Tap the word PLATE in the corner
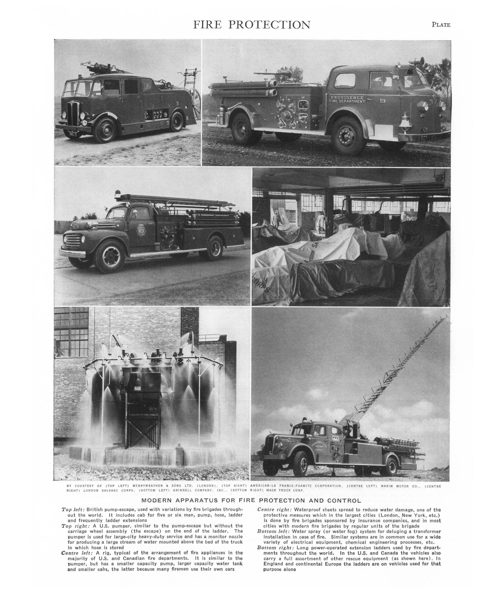coord(441,25)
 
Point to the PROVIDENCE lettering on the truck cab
coord(347,98)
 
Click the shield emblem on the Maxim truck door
coord(141,230)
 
